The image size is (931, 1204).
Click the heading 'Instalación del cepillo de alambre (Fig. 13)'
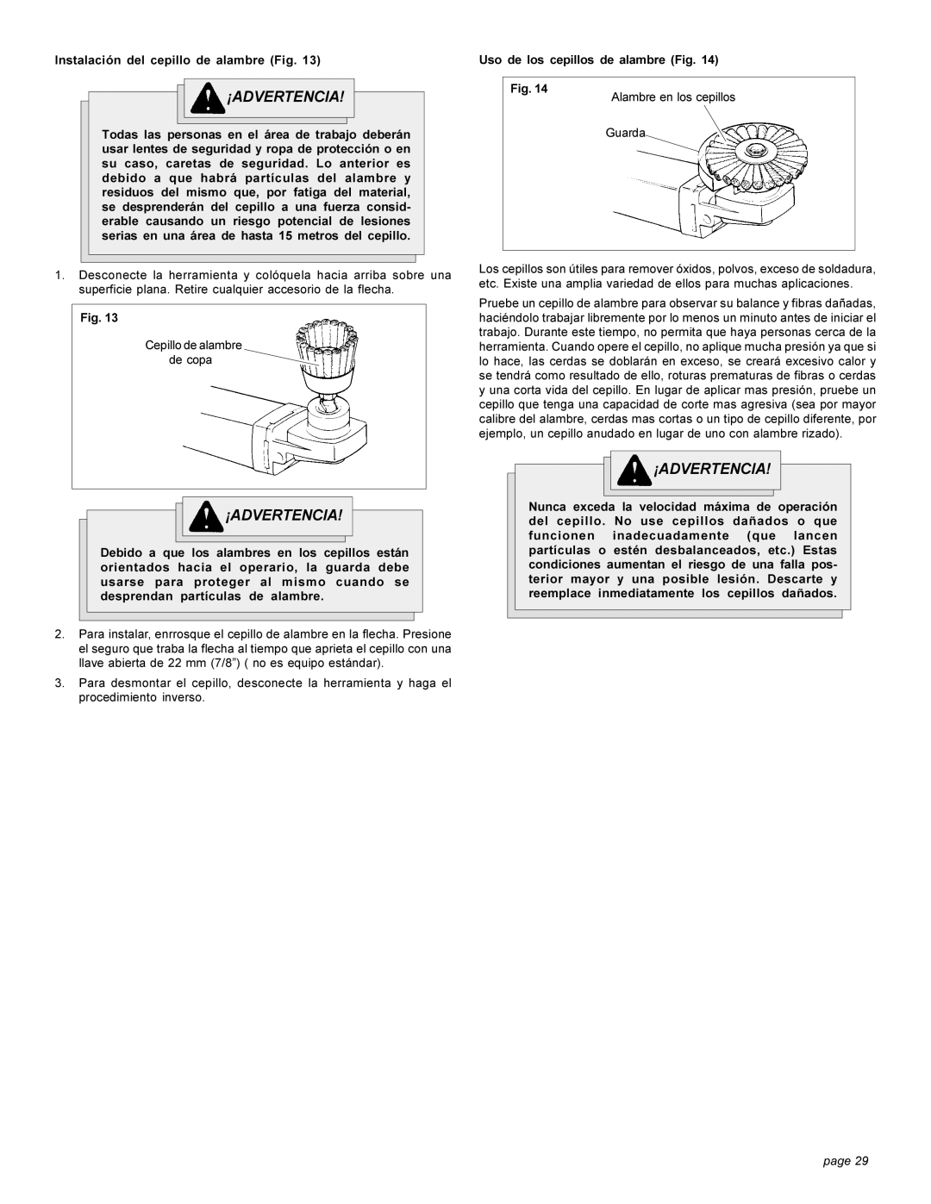[187, 60]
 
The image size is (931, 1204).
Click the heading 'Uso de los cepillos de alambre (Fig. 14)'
[598, 60]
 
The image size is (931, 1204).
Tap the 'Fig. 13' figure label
[99, 318]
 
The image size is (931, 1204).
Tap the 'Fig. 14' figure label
[528, 89]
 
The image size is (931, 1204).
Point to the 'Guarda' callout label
[625, 133]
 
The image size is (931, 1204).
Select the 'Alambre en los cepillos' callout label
[672, 97]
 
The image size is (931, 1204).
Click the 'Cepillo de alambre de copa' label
[193, 352]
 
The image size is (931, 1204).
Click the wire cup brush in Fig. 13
[328, 354]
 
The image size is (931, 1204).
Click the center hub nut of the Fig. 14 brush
[754, 149]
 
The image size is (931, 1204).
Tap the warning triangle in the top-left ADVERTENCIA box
[207, 98]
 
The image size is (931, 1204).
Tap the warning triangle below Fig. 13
[205, 516]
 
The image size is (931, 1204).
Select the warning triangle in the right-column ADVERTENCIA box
[634, 470]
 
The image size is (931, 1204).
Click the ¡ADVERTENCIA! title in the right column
[712, 470]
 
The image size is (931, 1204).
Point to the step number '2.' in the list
[59, 634]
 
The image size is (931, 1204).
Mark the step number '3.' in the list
[59, 683]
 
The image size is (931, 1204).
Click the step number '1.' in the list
[59, 276]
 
